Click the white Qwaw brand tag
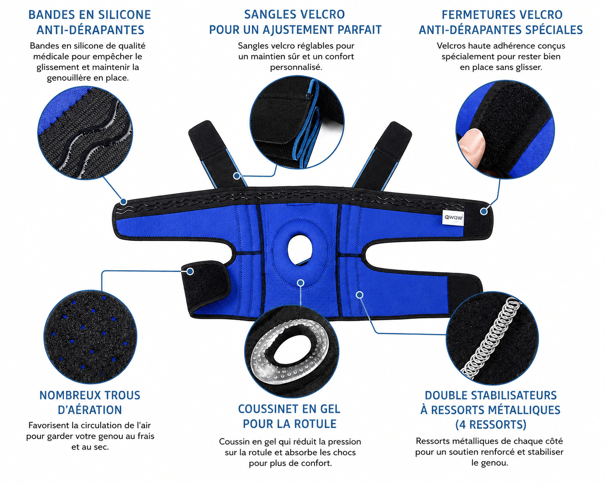453,217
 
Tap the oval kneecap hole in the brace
300,249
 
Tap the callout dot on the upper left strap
237,176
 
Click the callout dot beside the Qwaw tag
484,211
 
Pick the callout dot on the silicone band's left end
123,201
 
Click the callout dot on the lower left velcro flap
190,271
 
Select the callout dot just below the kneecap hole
300,283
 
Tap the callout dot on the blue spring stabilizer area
359,295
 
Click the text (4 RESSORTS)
491,424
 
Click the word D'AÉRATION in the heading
90,410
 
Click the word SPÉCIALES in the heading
551,30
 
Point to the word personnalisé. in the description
296,67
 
